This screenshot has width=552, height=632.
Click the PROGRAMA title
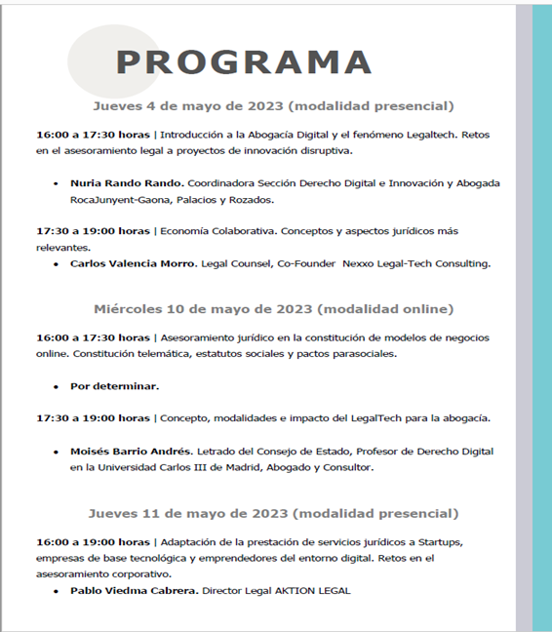[x=243, y=61]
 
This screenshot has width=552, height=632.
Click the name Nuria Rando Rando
[x=126, y=182]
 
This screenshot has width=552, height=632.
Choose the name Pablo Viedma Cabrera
[x=134, y=591]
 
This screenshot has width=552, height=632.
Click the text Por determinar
[x=114, y=386]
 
